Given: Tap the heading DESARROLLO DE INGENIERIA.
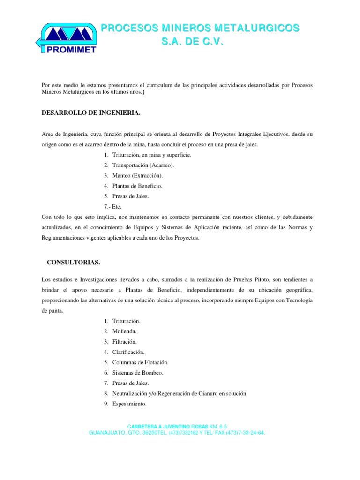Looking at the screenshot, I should [x=85, y=114].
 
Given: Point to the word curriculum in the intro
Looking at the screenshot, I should [x=142, y=85].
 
